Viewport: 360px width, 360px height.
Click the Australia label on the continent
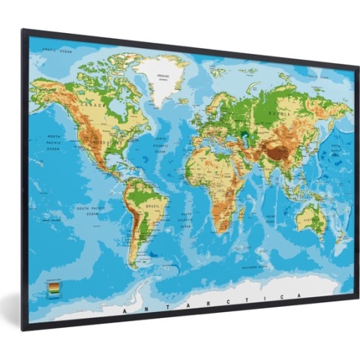tap(308, 219)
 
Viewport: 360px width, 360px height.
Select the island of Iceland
tap(184, 97)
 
